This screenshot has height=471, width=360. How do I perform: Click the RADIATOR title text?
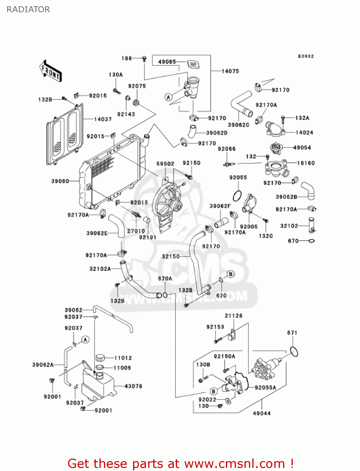28,9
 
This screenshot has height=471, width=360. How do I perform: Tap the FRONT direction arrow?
50,71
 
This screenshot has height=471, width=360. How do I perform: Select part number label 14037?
103,119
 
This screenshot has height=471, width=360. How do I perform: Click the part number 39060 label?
60,181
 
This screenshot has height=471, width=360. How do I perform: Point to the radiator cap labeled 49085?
193,64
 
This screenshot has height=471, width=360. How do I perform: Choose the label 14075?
230,71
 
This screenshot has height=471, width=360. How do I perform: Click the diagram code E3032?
306,56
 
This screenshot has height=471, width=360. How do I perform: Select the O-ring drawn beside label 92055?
237,196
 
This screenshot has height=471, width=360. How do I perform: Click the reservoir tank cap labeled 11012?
100,358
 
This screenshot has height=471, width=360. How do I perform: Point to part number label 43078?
133,386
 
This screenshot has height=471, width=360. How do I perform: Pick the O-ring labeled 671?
294,351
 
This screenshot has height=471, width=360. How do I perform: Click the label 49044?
262,413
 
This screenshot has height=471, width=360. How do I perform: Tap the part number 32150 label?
171,257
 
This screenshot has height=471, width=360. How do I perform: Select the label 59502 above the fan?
165,164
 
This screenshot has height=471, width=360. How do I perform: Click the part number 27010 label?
136,231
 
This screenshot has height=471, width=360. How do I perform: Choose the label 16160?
306,163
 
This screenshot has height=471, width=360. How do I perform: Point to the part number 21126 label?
234,316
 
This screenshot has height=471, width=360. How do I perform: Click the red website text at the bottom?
180,463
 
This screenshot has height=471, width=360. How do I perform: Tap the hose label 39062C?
239,125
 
